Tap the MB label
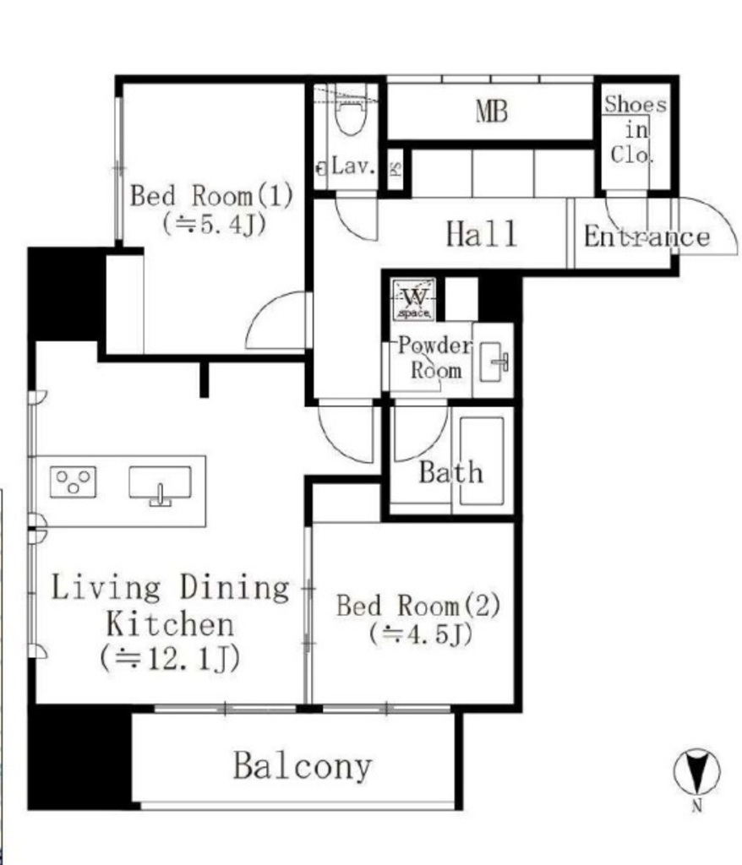coord(491,112)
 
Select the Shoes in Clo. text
coord(635,129)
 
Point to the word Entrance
coord(647,237)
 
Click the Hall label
coord(482,234)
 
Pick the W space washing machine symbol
coord(414,300)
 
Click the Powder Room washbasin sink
coord(494,362)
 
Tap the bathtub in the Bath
coord(482,460)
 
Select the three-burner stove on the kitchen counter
coord(73,482)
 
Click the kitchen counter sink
coord(160,484)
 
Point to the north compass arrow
coord(697,771)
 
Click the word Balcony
coord(303,765)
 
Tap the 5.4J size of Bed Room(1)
coord(215,225)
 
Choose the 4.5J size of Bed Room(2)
coord(421,634)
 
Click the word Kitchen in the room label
coord(170,624)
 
